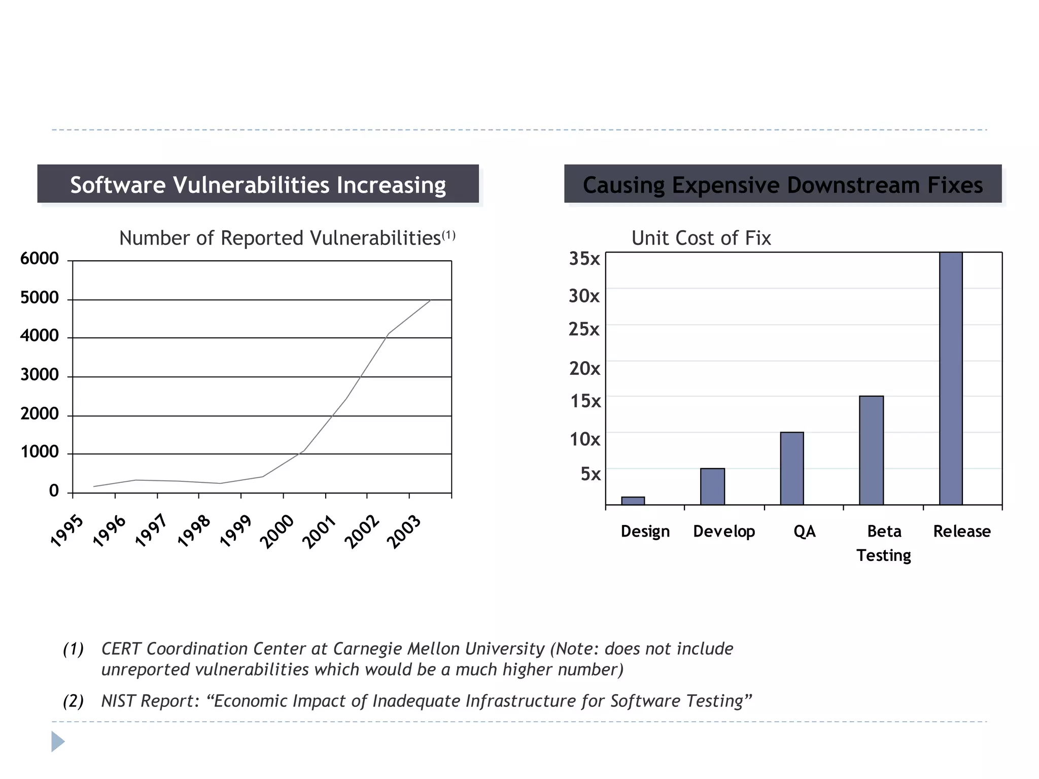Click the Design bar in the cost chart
[633, 501]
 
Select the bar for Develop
[712, 486]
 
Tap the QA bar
[791, 468]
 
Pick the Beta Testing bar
[871, 450]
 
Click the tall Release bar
[951, 378]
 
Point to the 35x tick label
[584, 259]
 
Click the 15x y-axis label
[585, 401]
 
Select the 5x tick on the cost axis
[591, 474]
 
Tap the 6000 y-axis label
[40, 259]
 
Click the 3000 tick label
[40, 375]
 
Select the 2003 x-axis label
[404, 531]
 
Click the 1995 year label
[67, 531]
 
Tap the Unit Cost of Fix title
[701, 238]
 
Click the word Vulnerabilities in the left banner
[251, 185]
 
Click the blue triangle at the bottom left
[58, 741]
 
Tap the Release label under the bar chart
[961, 531]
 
